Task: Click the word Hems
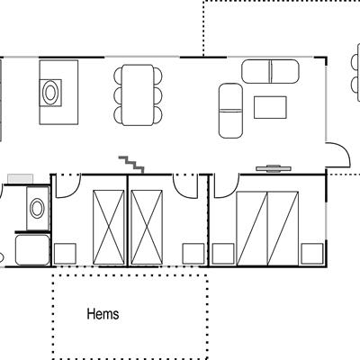click(103, 314)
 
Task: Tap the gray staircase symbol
click(132, 165)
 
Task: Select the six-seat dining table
click(138, 94)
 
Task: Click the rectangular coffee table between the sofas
click(270, 107)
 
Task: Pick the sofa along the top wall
click(270, 71)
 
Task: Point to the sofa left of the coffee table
click(230, 111)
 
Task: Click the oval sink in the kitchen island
click(50, 93)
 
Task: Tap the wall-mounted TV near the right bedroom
click(274, 168)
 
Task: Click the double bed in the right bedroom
click(267, 229)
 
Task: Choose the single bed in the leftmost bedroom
click(109, 228)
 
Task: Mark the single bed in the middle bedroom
click(147, 228)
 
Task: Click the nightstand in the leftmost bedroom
click(65, 254)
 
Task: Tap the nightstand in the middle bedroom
click(193, 254)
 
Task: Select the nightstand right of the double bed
click(312, 254)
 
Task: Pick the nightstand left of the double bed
click(223, 254)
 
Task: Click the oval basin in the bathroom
click(37, 209)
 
